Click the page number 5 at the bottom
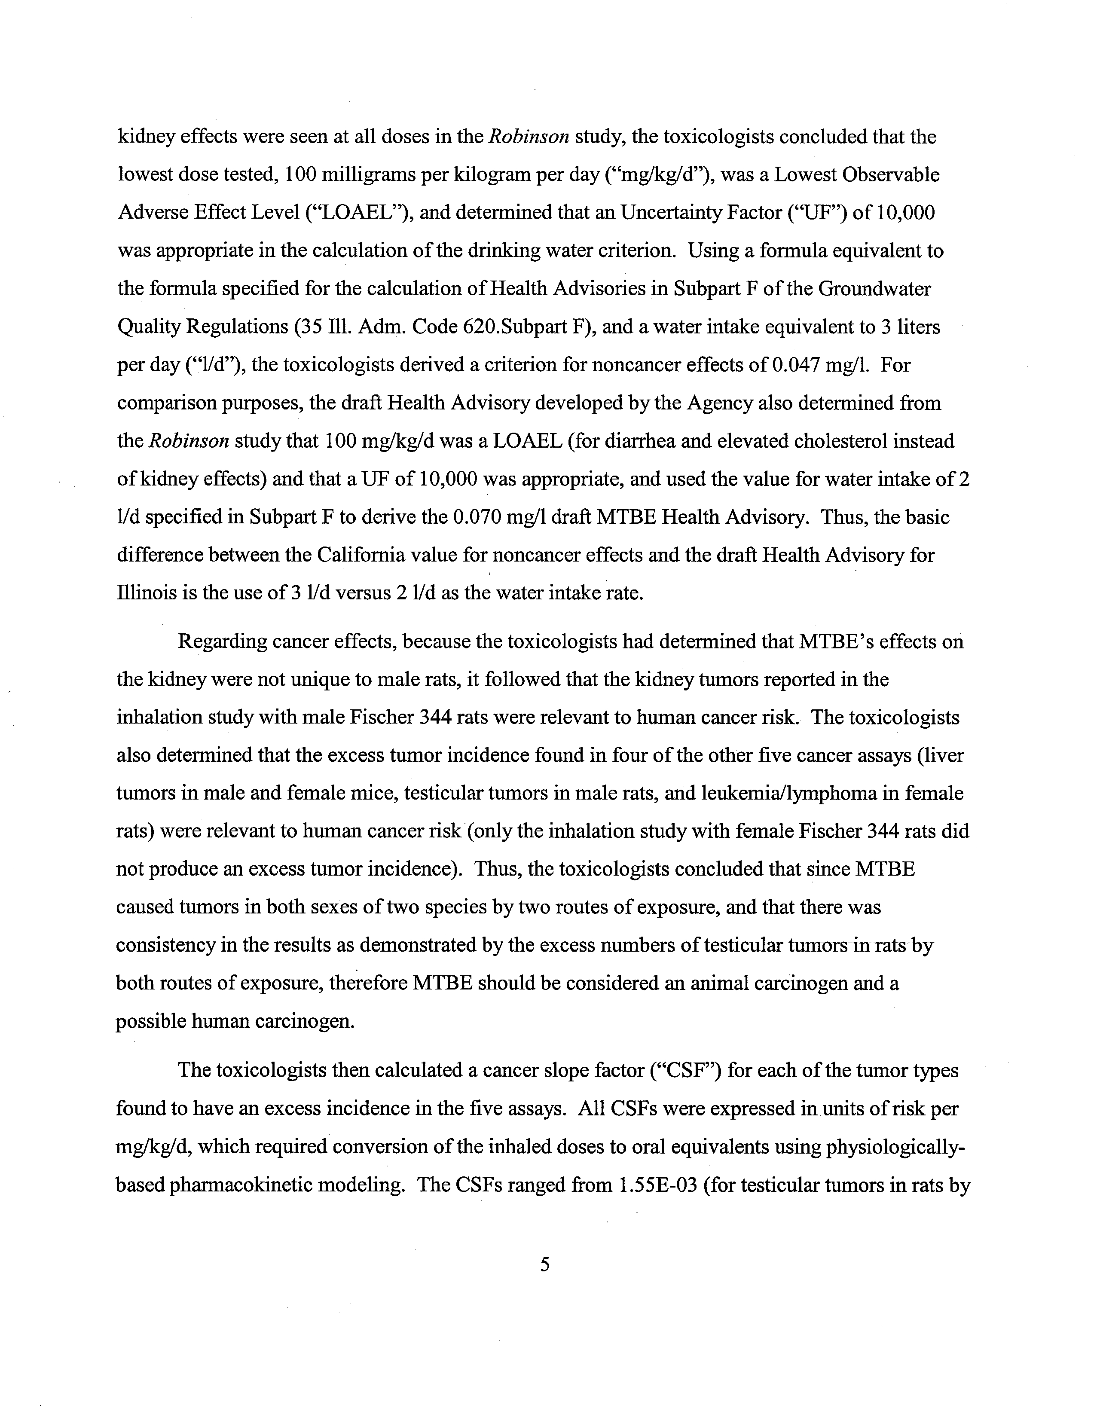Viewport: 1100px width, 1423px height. (x=545, y=1264)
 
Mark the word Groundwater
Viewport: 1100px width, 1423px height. (x=874, y=289)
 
